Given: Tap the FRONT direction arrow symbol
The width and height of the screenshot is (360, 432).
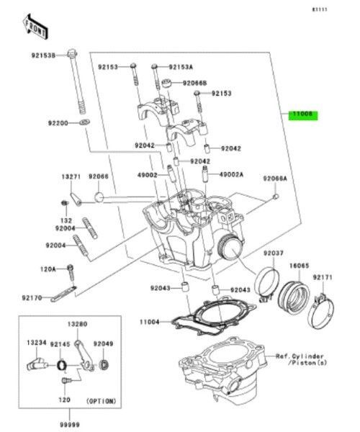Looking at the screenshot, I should [x=35, y=27].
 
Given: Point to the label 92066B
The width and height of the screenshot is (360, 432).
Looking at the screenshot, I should [x=194, y=84].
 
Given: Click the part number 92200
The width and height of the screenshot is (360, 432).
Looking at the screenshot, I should [x=58, y=124].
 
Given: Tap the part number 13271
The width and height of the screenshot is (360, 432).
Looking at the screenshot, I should [x=70, y=176].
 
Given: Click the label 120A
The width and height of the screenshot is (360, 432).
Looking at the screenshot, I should [x=48, y=269].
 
